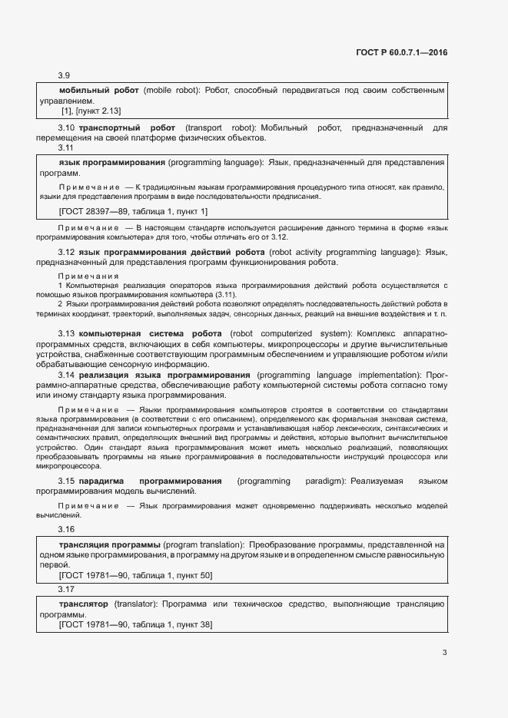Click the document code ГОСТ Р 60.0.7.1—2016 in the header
pyautogui.click(x=401, y=52)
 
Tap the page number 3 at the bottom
pyautogui.click(x=444, y=653)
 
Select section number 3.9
pyautogui.click(x=65, y=75)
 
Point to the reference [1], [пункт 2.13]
pyautogui.click(x=91, y=111)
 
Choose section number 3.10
pyautogui.click(x=66, y=127)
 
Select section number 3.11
pyautogui.click(x=66, y=147)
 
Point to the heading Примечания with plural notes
pyautogui.click(x=88, y=276)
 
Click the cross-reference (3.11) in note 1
pyautogui.click(x=226, y=295)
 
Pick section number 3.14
pyautogui.click(x=66, y=374)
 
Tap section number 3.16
pyautogui.click(x=66, y=530)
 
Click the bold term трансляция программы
pyautogui.click(x=109, y=544)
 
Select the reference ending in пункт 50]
pyautogui.click(x=136, y=574)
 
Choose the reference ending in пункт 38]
pyautogui.click(x=136, y=625)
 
